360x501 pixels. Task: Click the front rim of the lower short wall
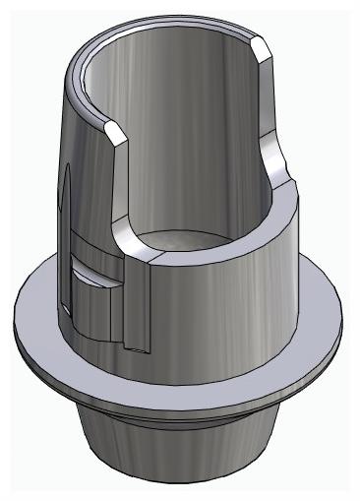click(197, 254)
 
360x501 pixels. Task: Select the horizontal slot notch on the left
click(98, 270)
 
